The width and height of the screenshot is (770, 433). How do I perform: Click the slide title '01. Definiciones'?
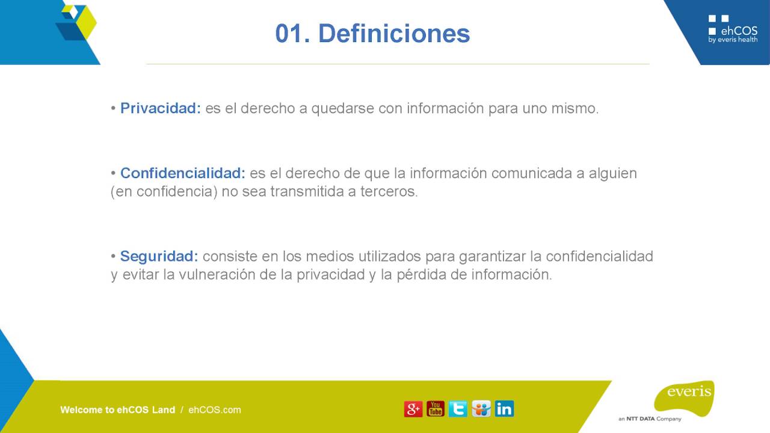pos(372,34)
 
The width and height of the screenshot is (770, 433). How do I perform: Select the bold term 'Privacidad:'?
pos(161,108)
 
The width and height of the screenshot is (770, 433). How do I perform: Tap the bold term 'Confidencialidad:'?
pos(183,173)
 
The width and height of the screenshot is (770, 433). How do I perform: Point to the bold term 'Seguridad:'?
pos(159,256)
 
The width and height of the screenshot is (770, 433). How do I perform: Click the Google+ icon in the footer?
pos(413,409)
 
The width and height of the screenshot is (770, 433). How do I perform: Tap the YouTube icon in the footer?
pos(436,409)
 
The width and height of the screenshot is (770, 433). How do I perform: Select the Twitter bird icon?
pos(458,409)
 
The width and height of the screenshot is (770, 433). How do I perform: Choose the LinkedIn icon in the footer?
pos(504,409)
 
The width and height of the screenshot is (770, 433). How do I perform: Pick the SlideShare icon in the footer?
pos(481,409)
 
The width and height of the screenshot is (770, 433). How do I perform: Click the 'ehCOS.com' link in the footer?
pos(215,410)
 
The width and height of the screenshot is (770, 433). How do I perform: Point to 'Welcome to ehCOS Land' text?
pos(117,410)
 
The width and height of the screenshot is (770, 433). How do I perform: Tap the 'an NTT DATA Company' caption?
pos(650,419)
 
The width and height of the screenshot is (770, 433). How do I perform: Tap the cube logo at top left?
pos(75,22)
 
